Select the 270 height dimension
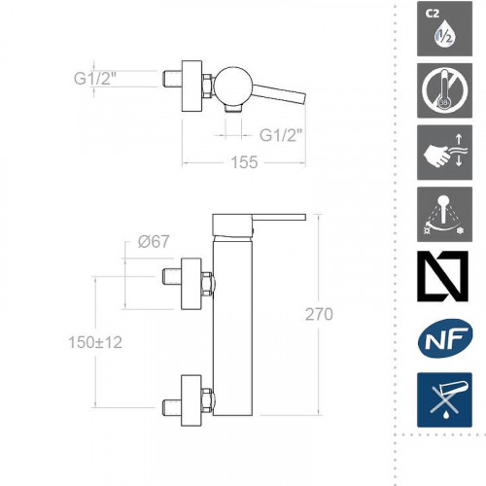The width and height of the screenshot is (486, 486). [319, 314]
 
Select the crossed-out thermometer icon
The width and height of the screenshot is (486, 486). [444, 90]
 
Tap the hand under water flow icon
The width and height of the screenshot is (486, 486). [444, 151]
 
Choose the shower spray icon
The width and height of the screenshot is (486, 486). [444, 213]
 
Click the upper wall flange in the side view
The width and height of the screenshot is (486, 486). [191, 282]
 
